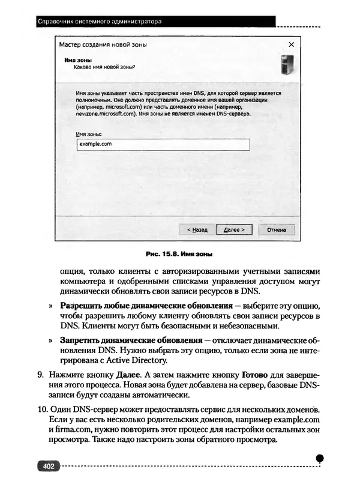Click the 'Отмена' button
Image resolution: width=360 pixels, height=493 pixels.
(276, 230)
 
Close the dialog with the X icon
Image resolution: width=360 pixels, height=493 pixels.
(291, 44)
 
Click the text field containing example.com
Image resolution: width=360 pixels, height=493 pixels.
(163, 145)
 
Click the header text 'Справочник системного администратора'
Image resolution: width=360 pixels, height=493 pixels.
(100, 22)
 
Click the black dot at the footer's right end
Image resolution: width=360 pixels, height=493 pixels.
(320, 458)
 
